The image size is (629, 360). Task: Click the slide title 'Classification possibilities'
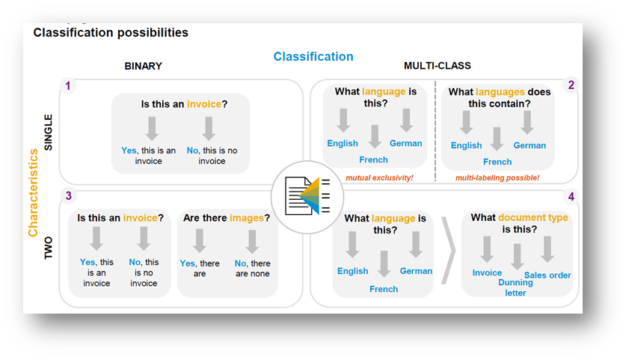point(111,33)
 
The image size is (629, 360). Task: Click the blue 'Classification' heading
point(313,57)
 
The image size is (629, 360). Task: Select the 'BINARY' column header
point(143,66)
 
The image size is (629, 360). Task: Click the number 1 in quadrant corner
point(68,86)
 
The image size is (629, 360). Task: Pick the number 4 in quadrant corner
point(571,198)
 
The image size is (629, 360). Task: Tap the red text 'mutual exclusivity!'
point(379,178)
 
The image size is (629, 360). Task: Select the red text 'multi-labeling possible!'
point(497,178)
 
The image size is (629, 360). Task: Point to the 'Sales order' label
point(547,275)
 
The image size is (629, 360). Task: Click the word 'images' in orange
point(248,218)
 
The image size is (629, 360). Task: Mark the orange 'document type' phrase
point(533,218)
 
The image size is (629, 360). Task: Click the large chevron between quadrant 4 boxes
point(448,249)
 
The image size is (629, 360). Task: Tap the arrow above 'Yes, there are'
point(200,240)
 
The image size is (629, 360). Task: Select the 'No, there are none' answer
point(252,269)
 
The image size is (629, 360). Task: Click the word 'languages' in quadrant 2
point(500,92)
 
